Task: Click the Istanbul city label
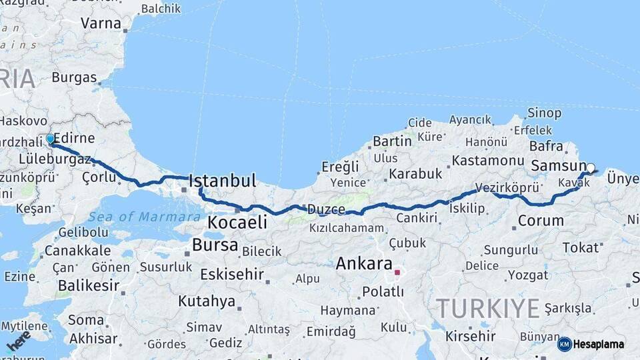coord(223,181)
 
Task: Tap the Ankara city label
coord(363,263)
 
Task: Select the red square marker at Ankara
coord(397,272)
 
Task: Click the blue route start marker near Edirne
coord(50,139)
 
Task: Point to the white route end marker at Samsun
coord(590,168)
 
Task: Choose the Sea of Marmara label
coord(144,216)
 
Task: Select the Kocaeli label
coord(237,223)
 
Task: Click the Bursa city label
coord(215,245)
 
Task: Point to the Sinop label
coord(544,113)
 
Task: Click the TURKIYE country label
coord(487,309)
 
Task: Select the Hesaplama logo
coord(592,344)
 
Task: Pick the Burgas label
coord(74,77)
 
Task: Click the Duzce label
coord(326,209)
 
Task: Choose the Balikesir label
coord(88,286)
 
